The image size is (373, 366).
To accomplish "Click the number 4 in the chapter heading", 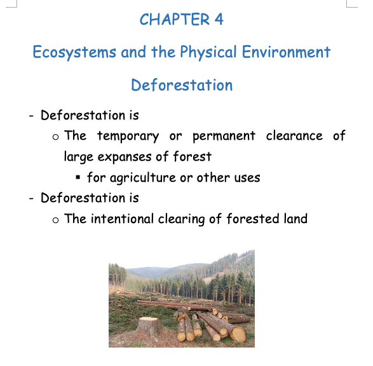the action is (219, 19).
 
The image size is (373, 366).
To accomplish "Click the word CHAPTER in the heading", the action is (175, 19).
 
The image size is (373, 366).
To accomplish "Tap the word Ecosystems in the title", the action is (74, 52).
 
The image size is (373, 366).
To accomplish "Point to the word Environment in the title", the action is (286, 52).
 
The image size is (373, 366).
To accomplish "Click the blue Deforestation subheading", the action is (182, 85).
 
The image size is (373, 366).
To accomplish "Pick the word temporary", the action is (128, 137).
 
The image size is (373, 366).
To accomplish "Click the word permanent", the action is (224, 137).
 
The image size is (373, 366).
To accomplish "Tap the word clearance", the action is (294, 136).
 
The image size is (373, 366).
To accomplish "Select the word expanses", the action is (125, 157).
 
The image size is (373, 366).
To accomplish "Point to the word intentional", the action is (122, 219).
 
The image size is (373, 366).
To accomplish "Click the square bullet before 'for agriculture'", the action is (78, 177).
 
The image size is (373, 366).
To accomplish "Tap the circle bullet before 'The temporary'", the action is (55, 137).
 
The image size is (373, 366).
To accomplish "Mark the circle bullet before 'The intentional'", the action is (55, 220).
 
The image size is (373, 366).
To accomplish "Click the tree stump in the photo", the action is (149, 325).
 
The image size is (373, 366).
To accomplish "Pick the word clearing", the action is (182, 219).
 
